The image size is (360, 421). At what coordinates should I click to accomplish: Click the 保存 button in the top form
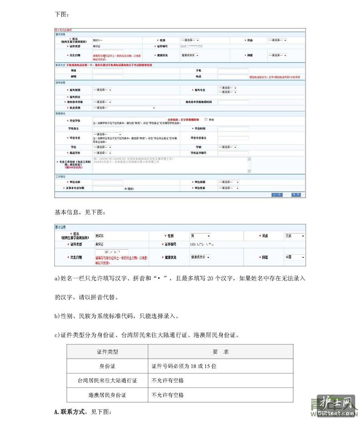(296, 195)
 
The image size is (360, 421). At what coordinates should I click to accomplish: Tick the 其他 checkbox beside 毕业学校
(206, 120)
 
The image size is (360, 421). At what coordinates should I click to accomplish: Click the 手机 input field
(233, 70)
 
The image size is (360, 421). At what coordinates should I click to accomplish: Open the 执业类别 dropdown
(124, 108)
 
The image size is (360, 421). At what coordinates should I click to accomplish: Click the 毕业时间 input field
(233, 129)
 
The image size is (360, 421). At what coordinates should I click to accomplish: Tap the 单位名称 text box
(108, 182)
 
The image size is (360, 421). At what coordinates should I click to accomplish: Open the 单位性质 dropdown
(228, 188)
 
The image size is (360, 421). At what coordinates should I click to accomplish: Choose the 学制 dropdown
(228, 147)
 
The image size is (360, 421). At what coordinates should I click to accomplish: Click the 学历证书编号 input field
(233, 153)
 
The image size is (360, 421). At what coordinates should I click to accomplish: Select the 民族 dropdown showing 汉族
(294, 236)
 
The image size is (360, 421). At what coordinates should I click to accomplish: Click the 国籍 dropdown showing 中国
(294, 257)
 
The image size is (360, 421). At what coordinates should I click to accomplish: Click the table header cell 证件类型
(107, 352)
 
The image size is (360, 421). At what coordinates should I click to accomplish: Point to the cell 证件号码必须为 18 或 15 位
(184, 366)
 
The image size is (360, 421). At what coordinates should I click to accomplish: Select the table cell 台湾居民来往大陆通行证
(107, 381)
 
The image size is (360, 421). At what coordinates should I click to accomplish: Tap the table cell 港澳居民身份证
(107, 395)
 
